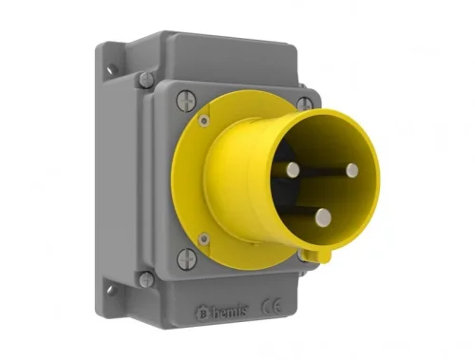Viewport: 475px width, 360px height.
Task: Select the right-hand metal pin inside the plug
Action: [351, 170]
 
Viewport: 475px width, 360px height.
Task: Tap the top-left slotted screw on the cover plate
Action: [184, 97]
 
